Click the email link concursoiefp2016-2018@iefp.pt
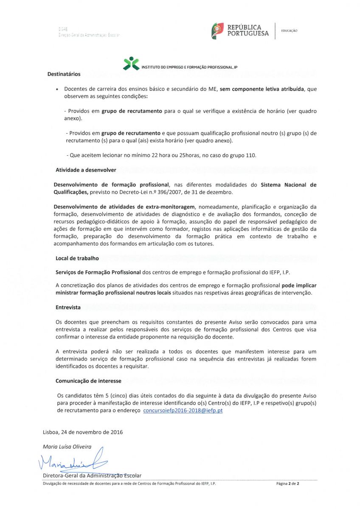point(183,411)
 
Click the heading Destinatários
point(64,74)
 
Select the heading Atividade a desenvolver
point(86,170)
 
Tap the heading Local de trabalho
point(77,258)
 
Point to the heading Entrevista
point(68,307)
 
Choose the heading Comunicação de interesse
point(88,381)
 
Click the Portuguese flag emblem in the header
point(218,31)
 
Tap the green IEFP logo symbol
point(131,63)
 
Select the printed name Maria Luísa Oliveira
point(67,447)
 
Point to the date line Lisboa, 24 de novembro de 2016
point(83,432)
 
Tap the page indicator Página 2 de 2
point(288,484)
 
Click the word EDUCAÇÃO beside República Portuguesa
point(289,31)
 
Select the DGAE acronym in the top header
point(63,29)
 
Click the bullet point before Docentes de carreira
point(57,89)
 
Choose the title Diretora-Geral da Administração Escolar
point(92,475)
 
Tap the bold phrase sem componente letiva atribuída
point(262,89)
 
